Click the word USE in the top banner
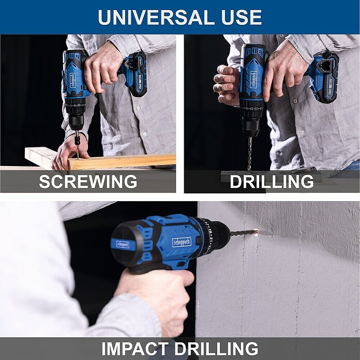242,17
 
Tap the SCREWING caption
88,182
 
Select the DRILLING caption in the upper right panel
272,182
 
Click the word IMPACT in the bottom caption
135,349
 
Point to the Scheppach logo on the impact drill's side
182,243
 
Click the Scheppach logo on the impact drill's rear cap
123,245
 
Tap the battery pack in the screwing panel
136,74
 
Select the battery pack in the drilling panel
324,77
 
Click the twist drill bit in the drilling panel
249,154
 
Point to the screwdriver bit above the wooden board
78,144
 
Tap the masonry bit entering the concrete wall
244,233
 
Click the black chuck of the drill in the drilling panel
250,127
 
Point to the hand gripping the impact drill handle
158,301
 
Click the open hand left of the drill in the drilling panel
226,85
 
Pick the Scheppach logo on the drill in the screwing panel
73,80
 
